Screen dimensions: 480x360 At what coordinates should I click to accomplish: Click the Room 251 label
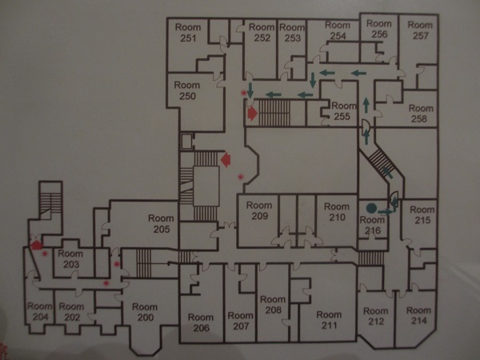(188, 33)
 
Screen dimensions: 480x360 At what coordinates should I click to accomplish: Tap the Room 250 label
(187, 90)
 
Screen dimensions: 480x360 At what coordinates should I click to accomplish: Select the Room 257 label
(420, 30)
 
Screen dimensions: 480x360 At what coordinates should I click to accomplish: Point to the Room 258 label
(421, 114)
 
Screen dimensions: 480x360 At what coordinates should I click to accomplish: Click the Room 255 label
(344, 111)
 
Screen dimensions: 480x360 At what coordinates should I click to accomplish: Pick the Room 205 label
(161, 224)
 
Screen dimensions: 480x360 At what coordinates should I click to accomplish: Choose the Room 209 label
(259, 210)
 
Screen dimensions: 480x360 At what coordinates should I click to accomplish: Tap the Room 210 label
(337, 212)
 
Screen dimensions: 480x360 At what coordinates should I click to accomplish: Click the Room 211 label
(329, 320)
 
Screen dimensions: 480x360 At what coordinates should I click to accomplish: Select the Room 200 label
(145, 312)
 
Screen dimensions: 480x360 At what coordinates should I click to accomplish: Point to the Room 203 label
(70, 258)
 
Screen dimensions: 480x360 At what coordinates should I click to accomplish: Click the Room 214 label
(418, 315)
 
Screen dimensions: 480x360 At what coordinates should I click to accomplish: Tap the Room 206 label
(201, 322)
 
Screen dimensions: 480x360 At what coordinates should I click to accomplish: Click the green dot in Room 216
(371, 208)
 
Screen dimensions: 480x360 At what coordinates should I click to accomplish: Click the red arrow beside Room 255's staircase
(253, 114)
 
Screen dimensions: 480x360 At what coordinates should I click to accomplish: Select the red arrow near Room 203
(36, 245)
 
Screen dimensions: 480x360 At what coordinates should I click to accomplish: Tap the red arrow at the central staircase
(226, 159)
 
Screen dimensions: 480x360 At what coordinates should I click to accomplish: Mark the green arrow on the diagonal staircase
(387, 172)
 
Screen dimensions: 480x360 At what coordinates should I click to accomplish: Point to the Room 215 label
(422, 215)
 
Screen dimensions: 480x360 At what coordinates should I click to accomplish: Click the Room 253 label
(292, 33)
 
